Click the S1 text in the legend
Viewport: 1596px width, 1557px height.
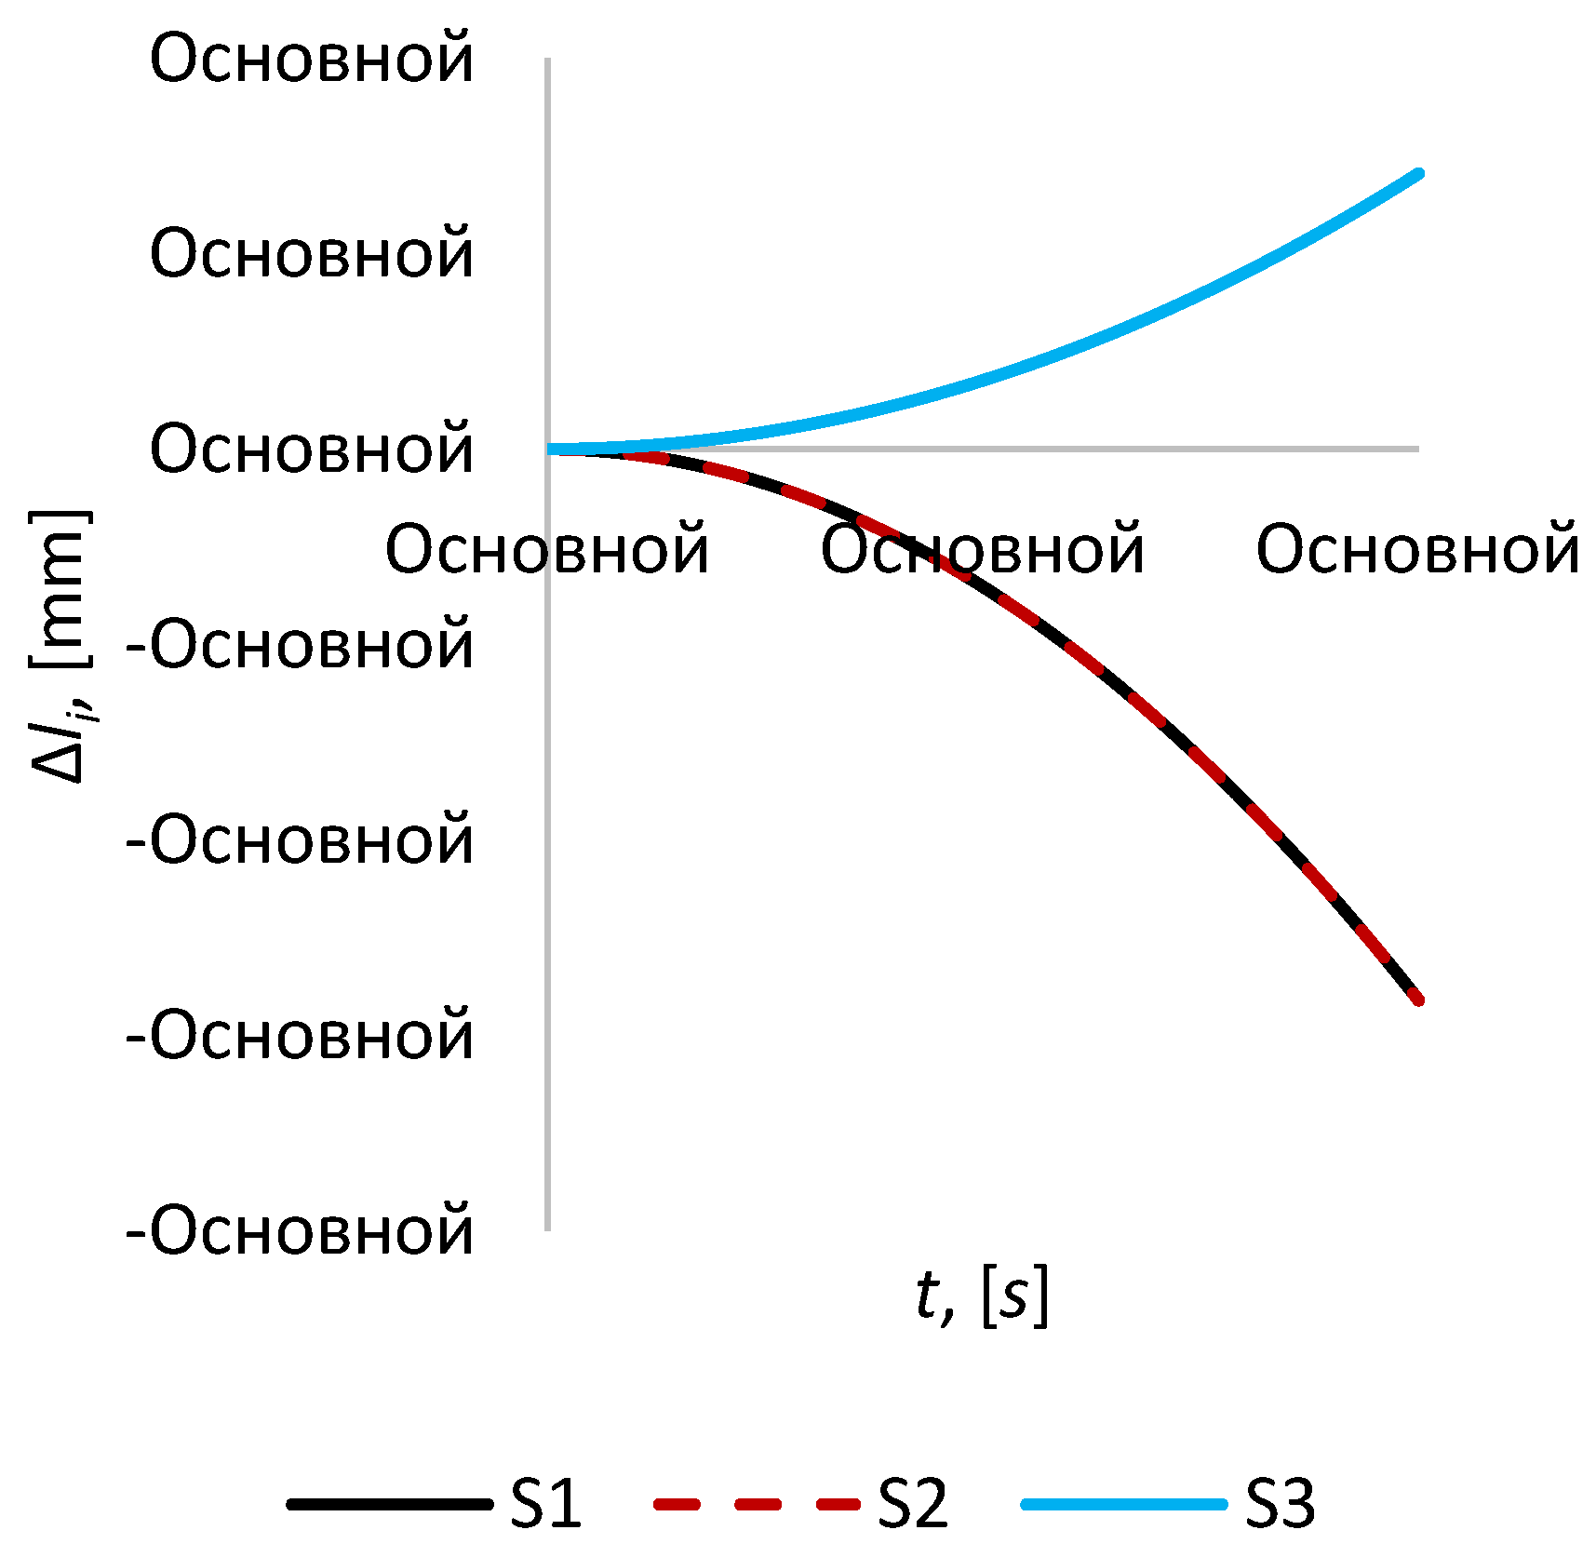tap(545, 1503)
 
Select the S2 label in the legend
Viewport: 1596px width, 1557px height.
tap(913, 1503)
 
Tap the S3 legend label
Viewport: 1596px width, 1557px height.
tap(1280, 1503)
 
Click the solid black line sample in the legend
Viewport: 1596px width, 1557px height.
tap(389, 1504)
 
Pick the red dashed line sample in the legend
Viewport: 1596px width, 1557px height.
tap(756, 1504)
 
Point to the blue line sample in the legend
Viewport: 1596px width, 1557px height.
tap(1123, 1504)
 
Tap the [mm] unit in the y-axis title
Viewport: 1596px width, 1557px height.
tap(60, 588)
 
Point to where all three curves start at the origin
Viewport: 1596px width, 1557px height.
tap(549, 450)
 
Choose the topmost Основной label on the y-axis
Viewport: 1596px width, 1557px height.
tap(311, 58)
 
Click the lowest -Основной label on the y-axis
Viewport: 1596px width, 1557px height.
tap(300, 1230)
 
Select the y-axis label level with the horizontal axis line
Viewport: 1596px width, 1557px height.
tap(311, 449)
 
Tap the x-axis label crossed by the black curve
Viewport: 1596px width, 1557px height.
tap(982, 549)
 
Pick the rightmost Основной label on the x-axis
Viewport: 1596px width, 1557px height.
tap(1417, 549)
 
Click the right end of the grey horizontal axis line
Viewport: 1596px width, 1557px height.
tap(1418, 449)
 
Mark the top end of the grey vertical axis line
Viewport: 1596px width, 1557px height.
tap(548, 60)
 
